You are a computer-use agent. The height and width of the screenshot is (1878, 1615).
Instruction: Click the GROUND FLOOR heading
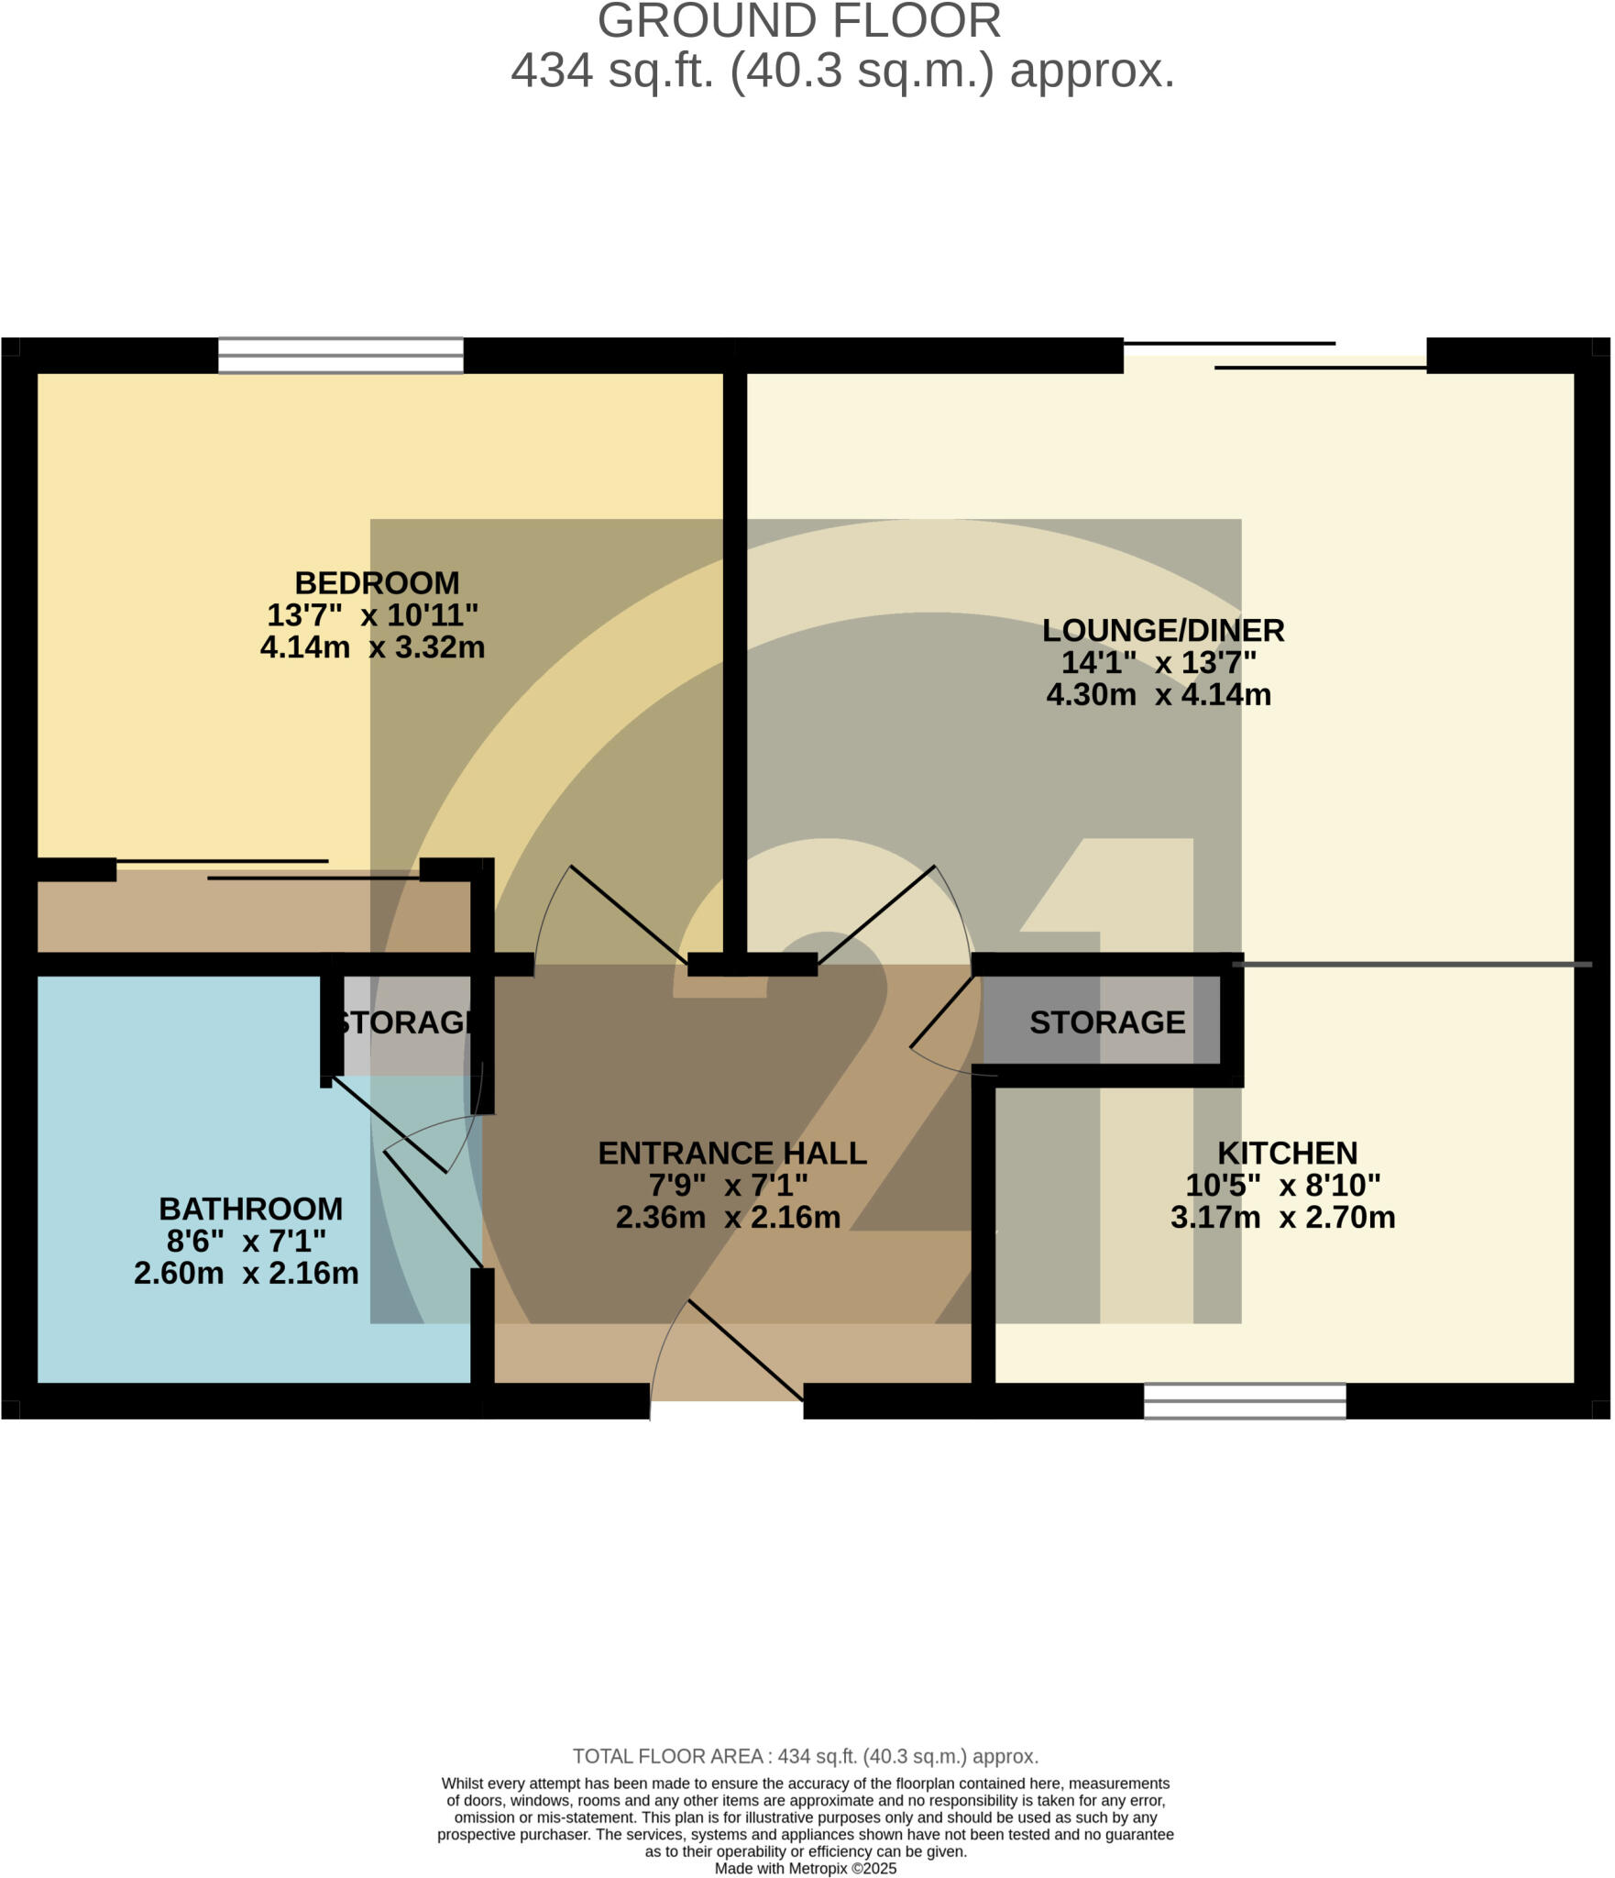tap(798, 21)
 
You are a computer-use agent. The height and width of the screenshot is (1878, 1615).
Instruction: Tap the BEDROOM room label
tap(377, 583)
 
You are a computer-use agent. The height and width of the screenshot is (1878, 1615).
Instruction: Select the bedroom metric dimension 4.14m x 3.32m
tap(372, 647)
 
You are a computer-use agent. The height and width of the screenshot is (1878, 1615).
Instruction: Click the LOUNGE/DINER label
tap(1162, 631)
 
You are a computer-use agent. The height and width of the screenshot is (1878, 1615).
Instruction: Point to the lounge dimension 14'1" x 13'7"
tap(1159, 662)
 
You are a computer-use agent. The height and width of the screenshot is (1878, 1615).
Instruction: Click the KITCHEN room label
tap(1287, 1153)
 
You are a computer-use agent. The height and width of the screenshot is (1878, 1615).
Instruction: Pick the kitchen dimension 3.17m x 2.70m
tap(1282, 1217)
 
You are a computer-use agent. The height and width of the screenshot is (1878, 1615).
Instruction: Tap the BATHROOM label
tap(250, 1209)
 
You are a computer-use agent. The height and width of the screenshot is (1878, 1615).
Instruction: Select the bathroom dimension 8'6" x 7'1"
tap(246, 1241)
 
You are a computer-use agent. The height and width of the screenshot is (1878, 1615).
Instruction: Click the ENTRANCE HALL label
tap(731, 1153)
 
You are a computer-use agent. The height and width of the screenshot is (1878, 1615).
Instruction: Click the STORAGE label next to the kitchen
tap(1106, 1022)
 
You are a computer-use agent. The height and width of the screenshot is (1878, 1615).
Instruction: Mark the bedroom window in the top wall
tap(340, 356)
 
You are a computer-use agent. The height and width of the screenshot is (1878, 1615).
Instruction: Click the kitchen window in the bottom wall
tap(1244, 1400)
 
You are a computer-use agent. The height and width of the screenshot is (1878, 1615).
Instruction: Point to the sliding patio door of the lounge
tap(1274, 356)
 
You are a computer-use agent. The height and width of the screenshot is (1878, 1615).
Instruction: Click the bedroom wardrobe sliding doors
tap(268, 869)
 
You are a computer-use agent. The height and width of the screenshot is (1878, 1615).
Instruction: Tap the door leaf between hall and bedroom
tap(629, 914)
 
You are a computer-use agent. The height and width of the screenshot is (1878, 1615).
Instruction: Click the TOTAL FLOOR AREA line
tap(805, 1756)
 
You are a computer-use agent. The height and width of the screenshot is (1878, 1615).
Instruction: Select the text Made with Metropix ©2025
tap(805, 1868)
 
